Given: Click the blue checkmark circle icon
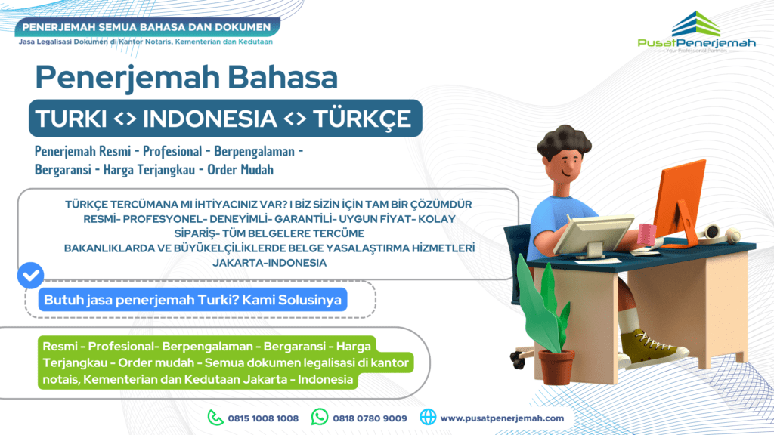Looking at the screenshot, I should click(30, 276).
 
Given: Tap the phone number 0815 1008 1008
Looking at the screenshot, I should click(263, 418).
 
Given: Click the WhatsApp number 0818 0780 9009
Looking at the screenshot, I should click(370, 418).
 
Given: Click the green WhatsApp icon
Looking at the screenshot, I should click(320, 417).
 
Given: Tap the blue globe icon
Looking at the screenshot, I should click(428, 417).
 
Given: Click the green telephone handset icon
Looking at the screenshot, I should click(216, 417).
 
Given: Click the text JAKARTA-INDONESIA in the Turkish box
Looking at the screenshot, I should click(271, 263).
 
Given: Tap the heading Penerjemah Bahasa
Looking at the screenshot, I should click(187, 79).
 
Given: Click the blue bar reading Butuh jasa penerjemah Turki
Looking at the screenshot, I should click(193, 300).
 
